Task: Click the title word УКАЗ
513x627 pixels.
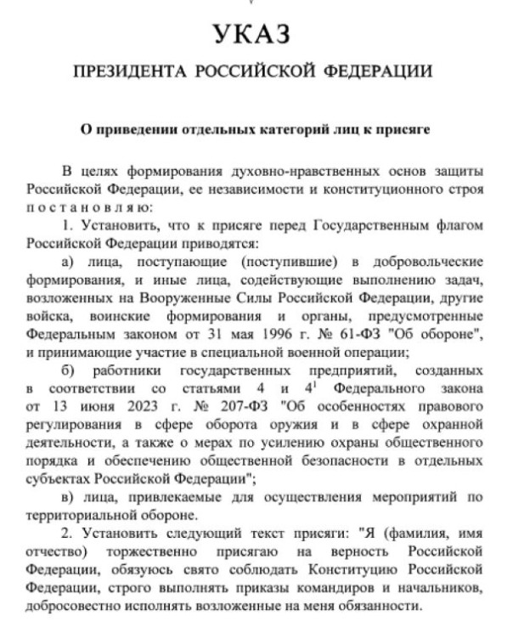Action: click(256, 35)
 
